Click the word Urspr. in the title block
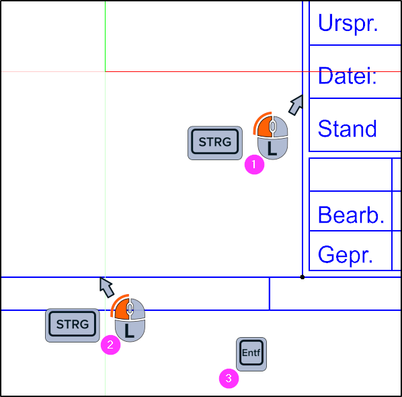[348, 23]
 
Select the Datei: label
[348, 75]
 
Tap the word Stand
[348, 129]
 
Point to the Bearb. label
[351, 215]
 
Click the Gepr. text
[346, 254]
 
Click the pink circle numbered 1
[254, 164]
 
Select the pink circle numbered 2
[110, 345]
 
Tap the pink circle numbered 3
[229, 378]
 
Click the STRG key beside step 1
[215, 143]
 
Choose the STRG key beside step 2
[73, 325]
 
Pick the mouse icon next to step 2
[129, 318]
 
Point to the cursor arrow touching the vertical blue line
[296, 105]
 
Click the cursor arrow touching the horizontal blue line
[106, 287]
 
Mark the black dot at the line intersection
[303, 277]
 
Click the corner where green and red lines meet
[105, 71]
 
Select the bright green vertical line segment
[105, 36]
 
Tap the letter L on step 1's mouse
[272, 148]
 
